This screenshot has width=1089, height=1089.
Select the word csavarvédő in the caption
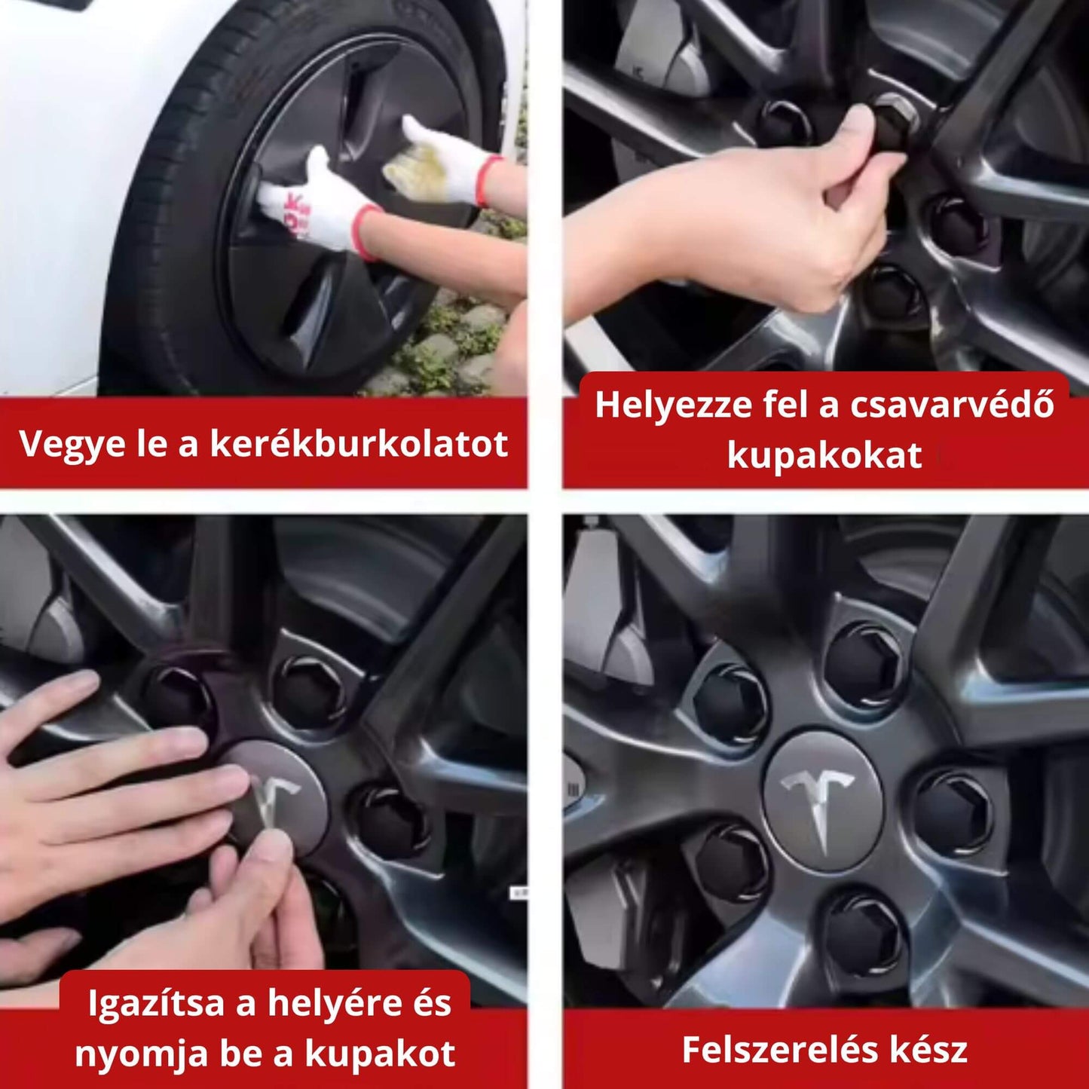(952, 405)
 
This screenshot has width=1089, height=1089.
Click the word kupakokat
(824, 456)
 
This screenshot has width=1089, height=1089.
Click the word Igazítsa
(157, 1003)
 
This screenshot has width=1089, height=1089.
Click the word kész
(928, 1049)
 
